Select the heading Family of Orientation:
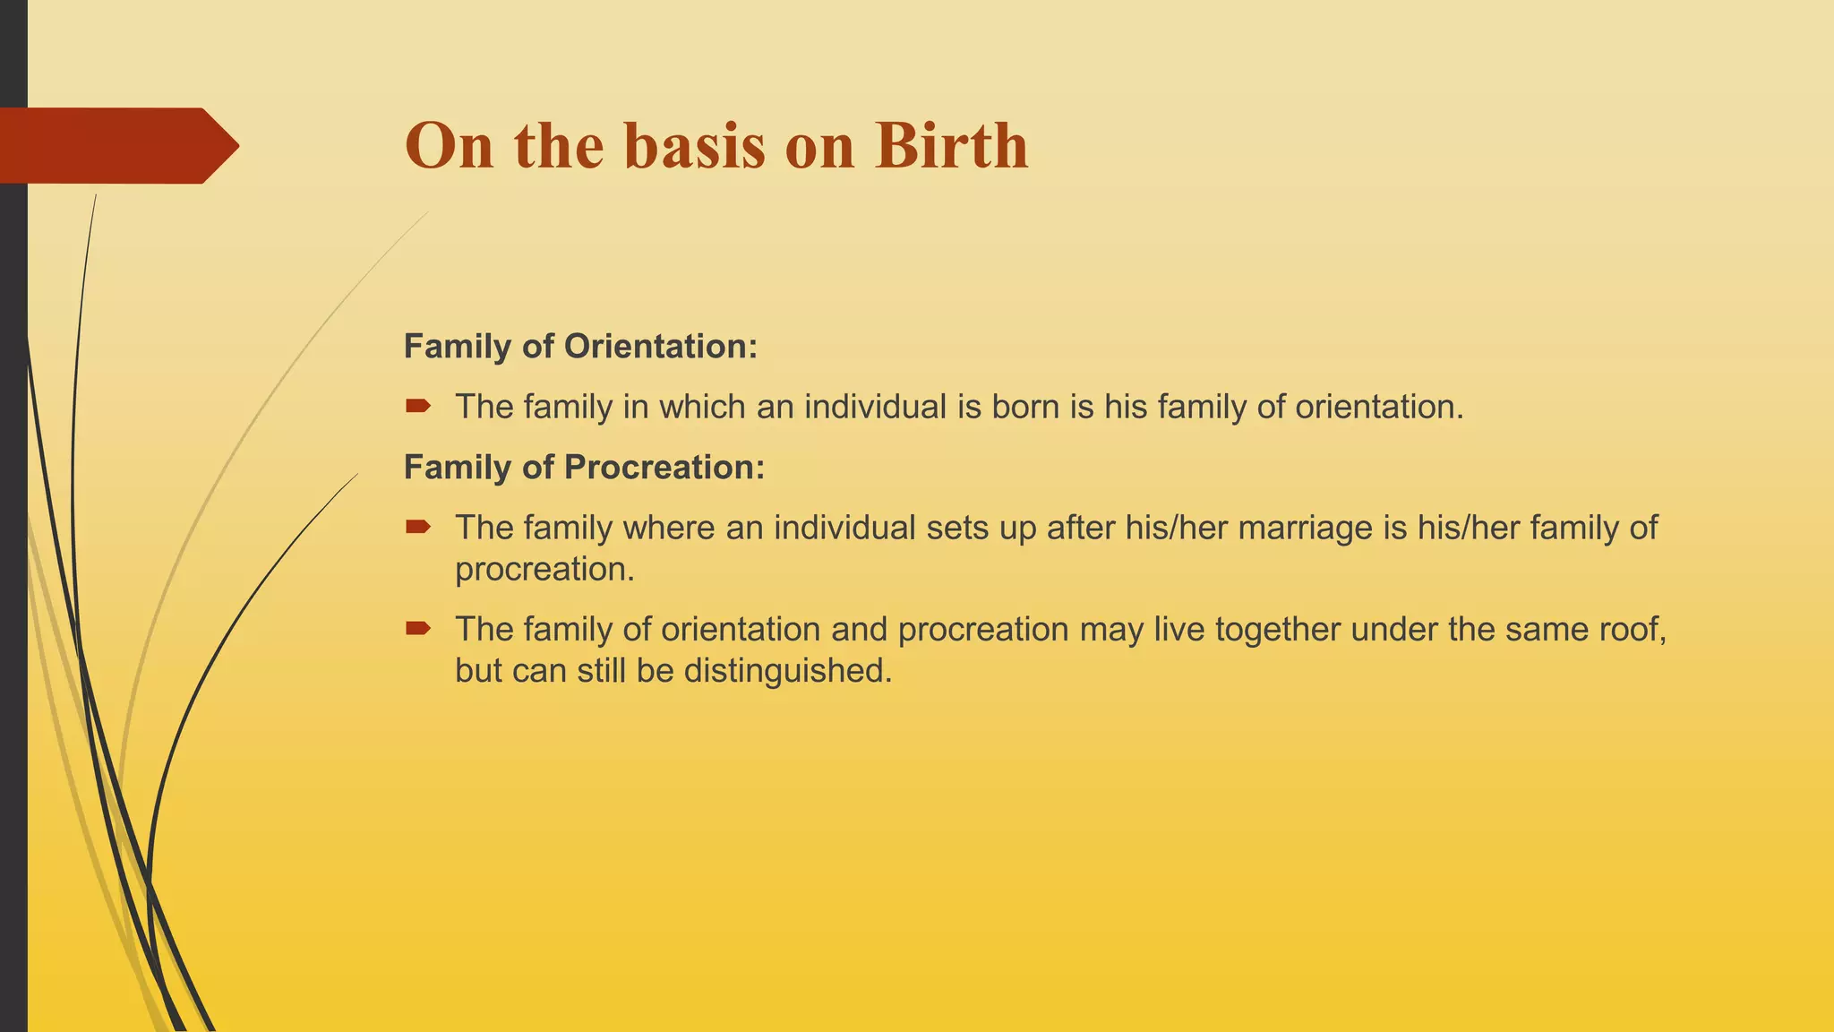(x=580, y=347)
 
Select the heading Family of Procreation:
(x=584, y=468)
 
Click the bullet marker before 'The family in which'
(x=417, y=407)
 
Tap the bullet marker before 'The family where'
(x=417, y=528)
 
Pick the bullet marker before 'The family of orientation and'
(x=417, y=629)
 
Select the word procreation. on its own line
(x=544, y=570)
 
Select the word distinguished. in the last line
(x=788, y=671)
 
